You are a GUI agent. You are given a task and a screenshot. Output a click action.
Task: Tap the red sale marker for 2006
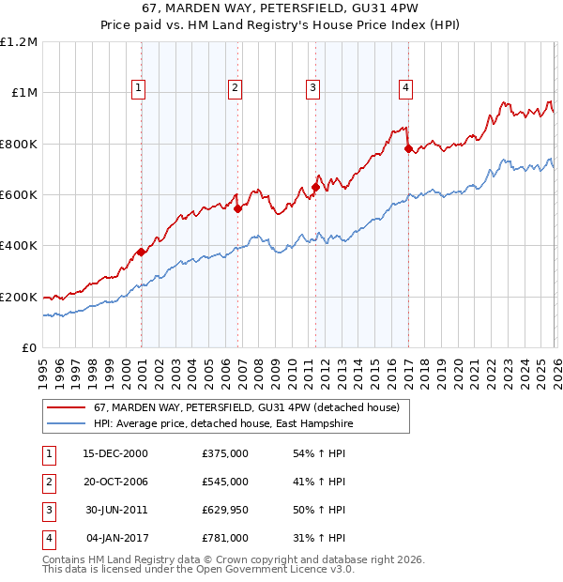tap(237, 209)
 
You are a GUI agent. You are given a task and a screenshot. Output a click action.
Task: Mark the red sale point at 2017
tap(408, 148)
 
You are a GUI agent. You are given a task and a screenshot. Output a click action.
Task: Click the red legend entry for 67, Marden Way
tap(247, 407)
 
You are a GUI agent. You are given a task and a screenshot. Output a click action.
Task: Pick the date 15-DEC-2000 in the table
tap(115, 453)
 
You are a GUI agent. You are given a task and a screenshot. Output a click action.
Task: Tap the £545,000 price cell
tap(225, 482)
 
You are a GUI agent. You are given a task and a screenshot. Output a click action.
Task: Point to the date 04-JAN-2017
tap(115, 538)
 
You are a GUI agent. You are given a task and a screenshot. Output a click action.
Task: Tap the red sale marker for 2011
tap(315, 187)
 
